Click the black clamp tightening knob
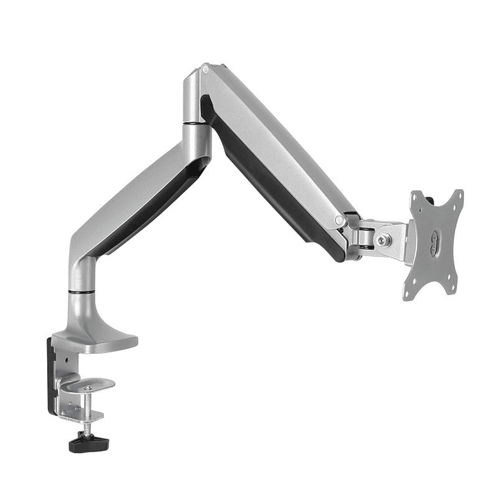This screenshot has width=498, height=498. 85,442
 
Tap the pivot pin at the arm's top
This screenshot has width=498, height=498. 205,69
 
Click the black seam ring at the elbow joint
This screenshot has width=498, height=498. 195,124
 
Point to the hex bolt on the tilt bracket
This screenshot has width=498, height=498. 382,239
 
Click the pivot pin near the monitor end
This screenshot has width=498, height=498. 339,220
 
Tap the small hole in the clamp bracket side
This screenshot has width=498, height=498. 64,360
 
